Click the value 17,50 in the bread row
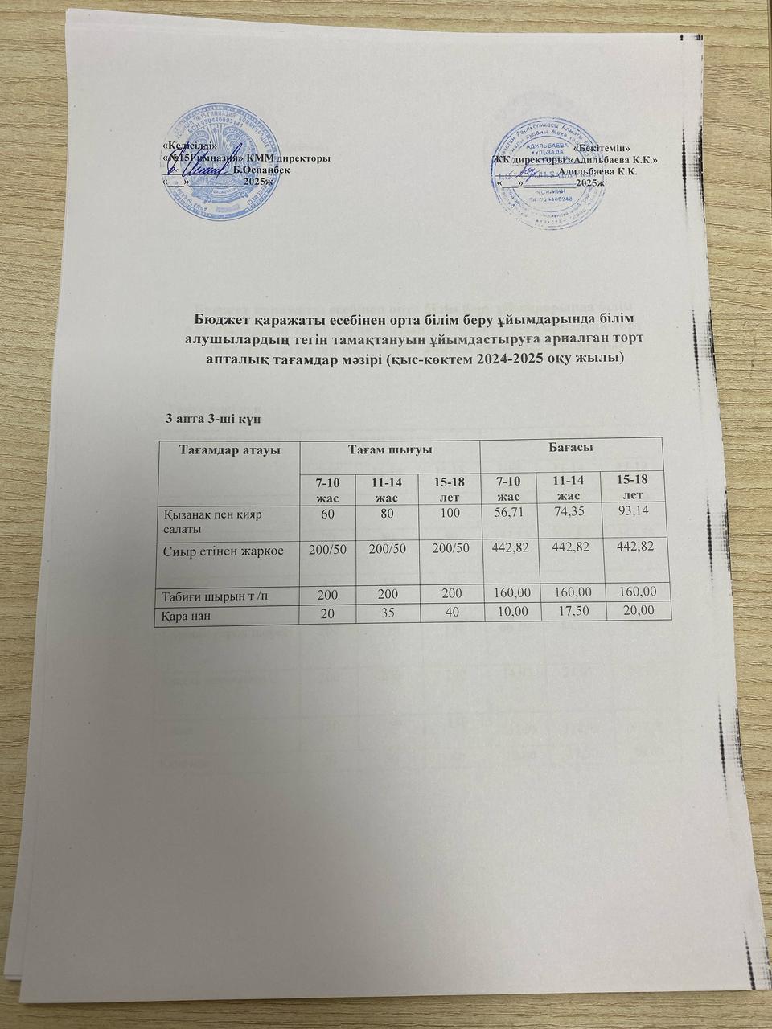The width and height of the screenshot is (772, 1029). coord(572,611)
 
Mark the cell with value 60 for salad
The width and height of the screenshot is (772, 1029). coord(326,515)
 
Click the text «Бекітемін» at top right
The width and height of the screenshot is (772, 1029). coord(602,149)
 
